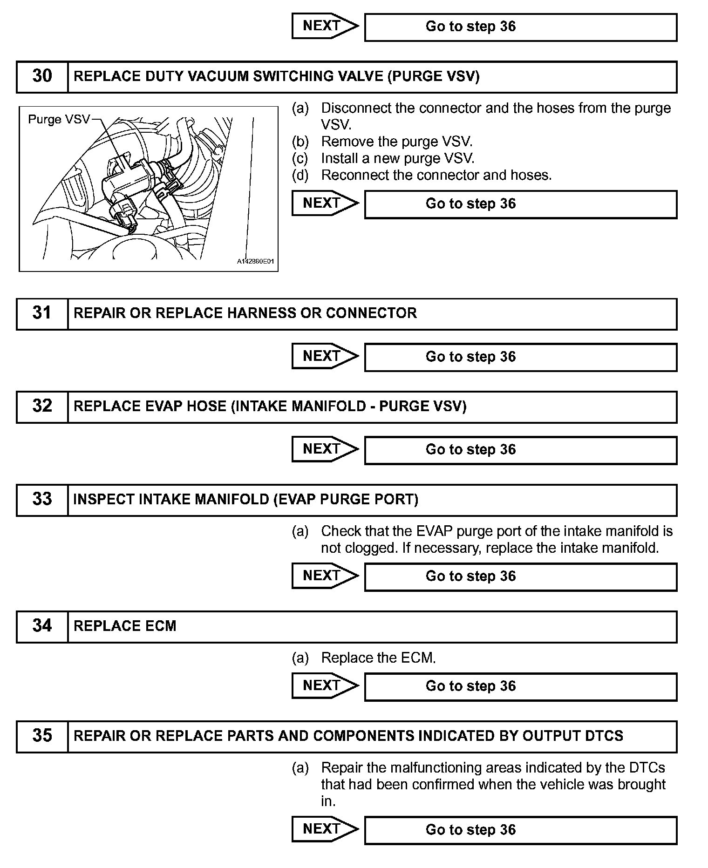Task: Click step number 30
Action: [42, 76]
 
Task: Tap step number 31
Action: [42, 313]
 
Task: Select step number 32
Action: [42, 407]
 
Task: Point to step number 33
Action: [42, 500]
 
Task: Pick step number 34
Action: [42, 626]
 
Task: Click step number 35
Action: [42, 736]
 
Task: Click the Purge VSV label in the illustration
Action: [59, 120]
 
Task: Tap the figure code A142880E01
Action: [256, 262]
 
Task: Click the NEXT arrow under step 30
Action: [324, 203]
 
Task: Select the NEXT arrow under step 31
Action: [324, 356]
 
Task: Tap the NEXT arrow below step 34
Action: [324, 686]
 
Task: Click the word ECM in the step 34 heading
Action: [161, 626]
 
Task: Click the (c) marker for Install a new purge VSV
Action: [300, 159]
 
